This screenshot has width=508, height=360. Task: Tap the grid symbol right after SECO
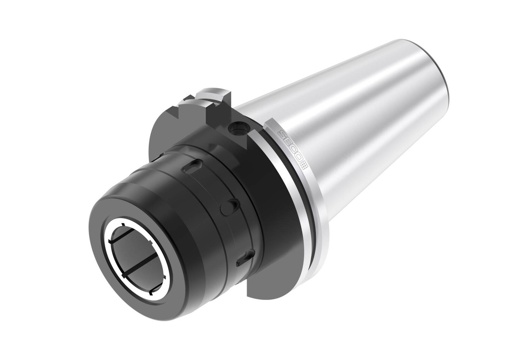[304, 167]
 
